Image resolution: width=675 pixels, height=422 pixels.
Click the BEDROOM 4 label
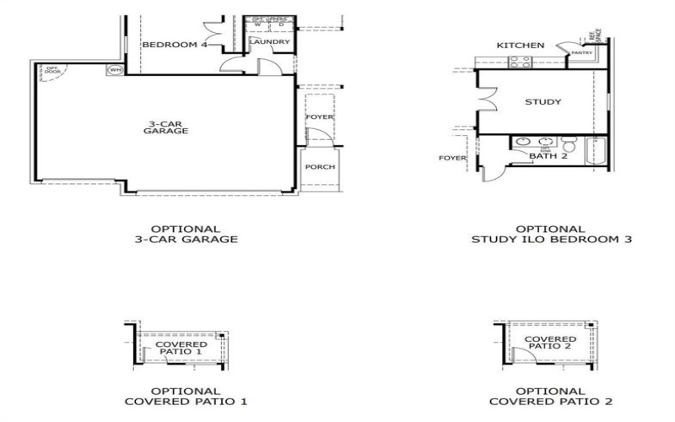[175, 44]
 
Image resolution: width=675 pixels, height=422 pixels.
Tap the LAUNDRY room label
[269, 41]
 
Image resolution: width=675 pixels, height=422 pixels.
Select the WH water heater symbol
[116, 69]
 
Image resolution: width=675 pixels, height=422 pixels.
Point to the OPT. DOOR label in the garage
[52, 70]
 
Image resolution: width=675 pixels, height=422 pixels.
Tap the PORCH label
[320, 166]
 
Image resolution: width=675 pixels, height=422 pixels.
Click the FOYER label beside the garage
[320, 116]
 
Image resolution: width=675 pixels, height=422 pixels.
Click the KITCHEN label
[520, 45]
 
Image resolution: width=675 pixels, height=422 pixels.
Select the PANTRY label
[581, 53]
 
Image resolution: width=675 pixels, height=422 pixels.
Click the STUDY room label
[543, 102]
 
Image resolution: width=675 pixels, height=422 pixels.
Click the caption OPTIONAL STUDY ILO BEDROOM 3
[550, 234]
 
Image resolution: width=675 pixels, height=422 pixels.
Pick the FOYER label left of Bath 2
[453, 158]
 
